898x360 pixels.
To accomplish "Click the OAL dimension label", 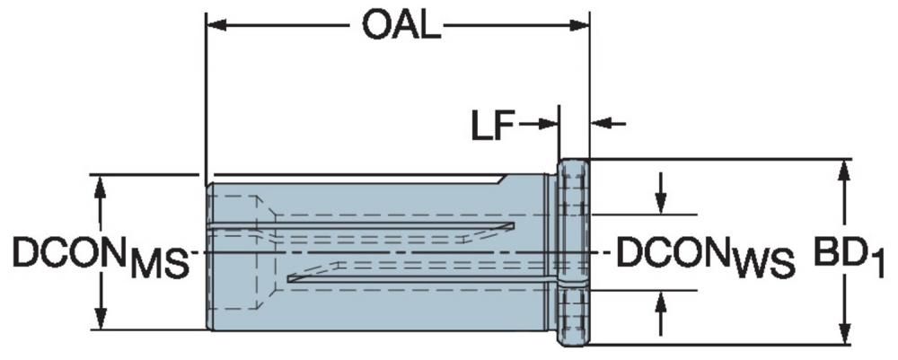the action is (x=401, y=26).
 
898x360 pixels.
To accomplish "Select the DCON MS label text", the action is (x=101, y=257).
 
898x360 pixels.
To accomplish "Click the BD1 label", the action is (x=849, y=257).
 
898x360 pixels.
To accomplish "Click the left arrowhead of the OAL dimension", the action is (x=217, y=25).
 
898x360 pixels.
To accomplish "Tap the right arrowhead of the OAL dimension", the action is (x=578, y=25).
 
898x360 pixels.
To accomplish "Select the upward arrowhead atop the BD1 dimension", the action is (x=843, y=171).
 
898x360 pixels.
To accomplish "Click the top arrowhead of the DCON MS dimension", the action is (x=101, y=186).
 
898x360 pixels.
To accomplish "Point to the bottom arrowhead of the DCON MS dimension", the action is (x=101, y=318).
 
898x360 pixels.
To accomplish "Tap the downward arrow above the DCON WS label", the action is (x=660, y=193).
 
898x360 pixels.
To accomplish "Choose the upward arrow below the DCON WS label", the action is (x=660, y=313).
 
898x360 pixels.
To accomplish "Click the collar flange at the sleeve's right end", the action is (x=573, y=252).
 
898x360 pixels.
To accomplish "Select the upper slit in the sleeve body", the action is (x=361, y=225).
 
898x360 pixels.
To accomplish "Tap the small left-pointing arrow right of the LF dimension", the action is (x=608, y=123).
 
